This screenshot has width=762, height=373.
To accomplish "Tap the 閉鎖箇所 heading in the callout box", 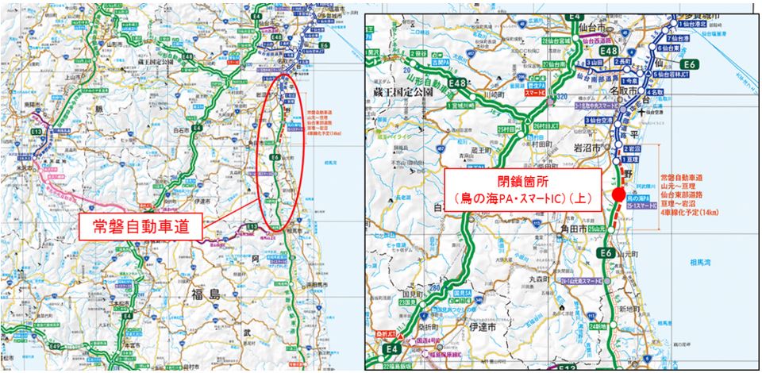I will (x=525, y=180).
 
